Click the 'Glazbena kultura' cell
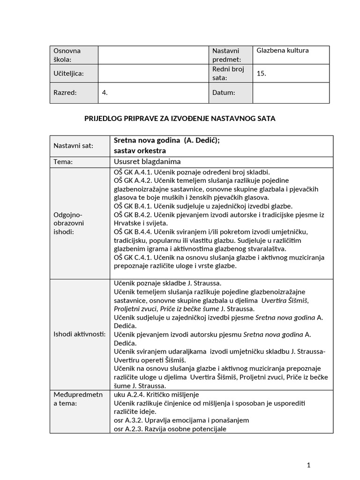(283, 51)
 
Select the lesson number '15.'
(262, 73)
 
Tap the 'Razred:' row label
(65, 93)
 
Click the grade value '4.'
(105, 93)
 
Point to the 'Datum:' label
(224, 93)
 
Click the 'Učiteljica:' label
(69, 73)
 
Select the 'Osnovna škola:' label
(67, 55)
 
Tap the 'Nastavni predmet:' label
(226, 55)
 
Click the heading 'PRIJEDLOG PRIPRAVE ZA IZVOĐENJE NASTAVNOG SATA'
(180, 119)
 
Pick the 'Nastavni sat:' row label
(74, 146)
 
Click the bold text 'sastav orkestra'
(140, 151)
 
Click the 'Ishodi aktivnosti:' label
(80, 334)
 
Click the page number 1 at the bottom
(308, 465)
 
